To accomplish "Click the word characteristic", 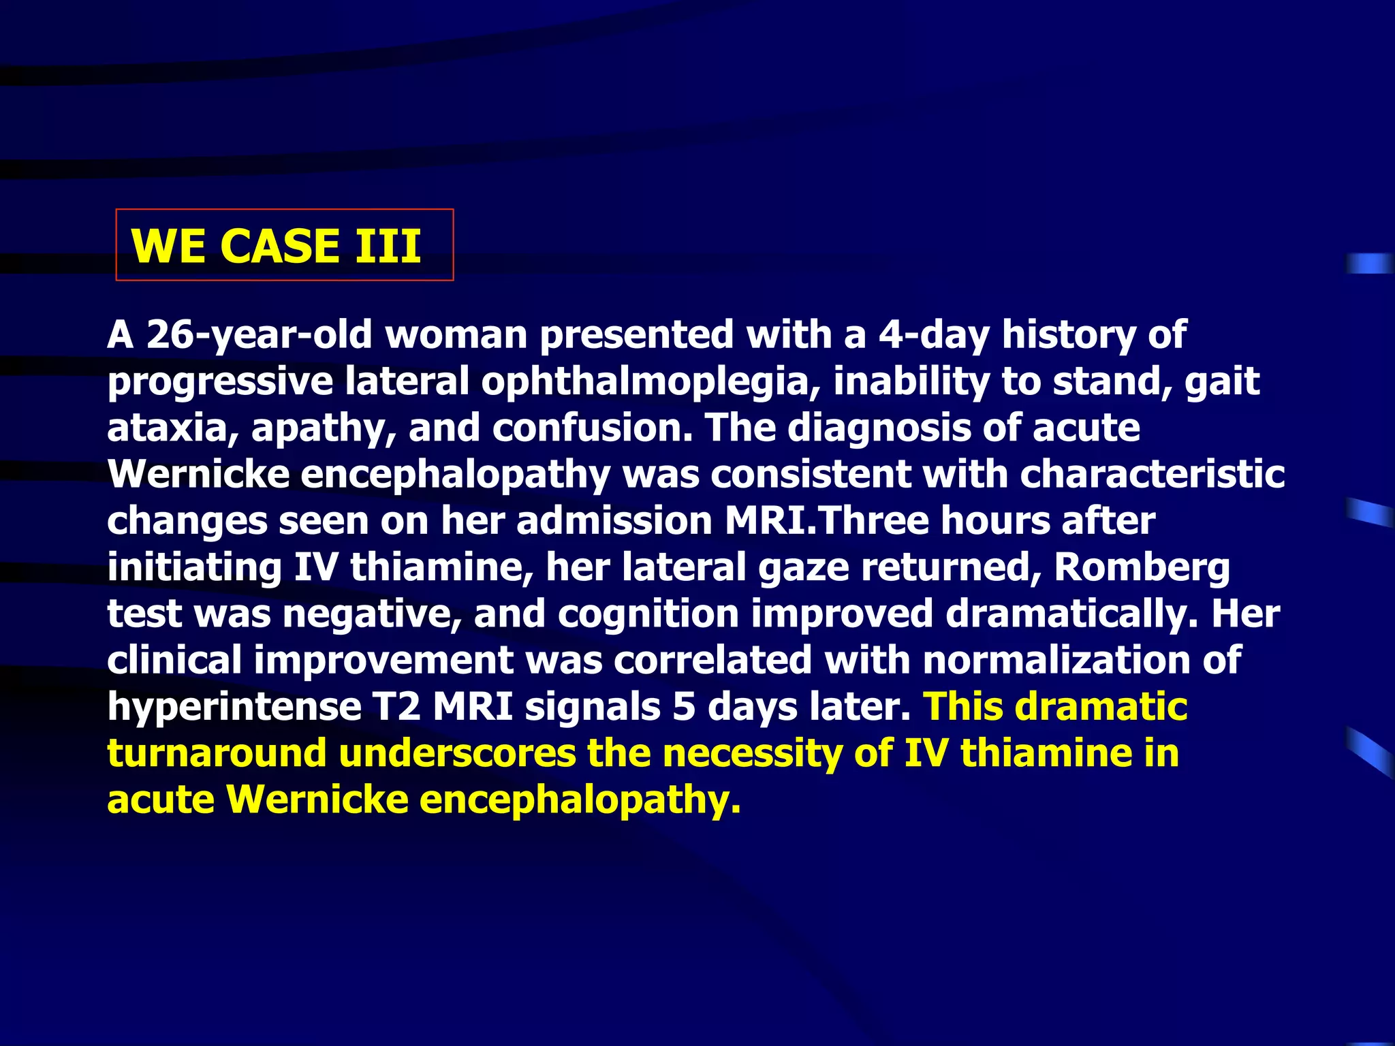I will point(1152,474).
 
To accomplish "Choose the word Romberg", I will point(1142,568).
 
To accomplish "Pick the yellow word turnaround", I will point(217,753).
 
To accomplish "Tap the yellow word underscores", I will point(457,753).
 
